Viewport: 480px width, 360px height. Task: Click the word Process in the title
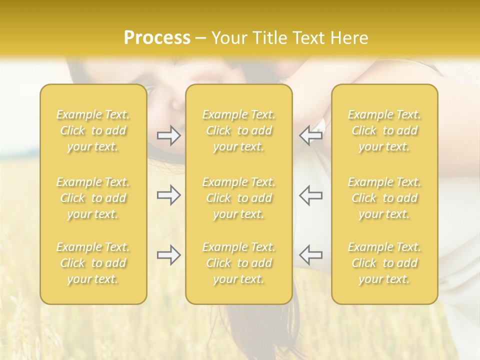click(x=157, y=38)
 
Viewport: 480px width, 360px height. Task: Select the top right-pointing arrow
click(x=169, y=135)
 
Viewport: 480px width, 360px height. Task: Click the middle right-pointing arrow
click(x=169, y=195)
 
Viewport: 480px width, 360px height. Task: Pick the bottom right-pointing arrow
click(x=169, y=255)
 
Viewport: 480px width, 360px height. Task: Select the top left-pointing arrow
click(x=311, y=135)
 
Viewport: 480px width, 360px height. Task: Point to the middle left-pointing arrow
click(x=311, y=195)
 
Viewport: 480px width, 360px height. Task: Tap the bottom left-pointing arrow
click(x=311, y=255)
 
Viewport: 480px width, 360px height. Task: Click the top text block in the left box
click(x=93, y=130)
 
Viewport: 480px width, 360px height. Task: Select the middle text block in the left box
click(x=93, y=198)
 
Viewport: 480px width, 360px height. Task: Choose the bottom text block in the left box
click(x=93, y=263)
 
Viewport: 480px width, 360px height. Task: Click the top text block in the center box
click(x=238, y=130)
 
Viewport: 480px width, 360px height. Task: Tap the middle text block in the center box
click(x=238, y=198)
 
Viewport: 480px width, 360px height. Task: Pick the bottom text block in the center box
click(x=238, y=263)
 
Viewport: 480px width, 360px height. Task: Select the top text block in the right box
click(x=384, y=130)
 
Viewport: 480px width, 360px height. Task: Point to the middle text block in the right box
click(x=384, y=198)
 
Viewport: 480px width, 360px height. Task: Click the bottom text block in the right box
click(x=384, y=263)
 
